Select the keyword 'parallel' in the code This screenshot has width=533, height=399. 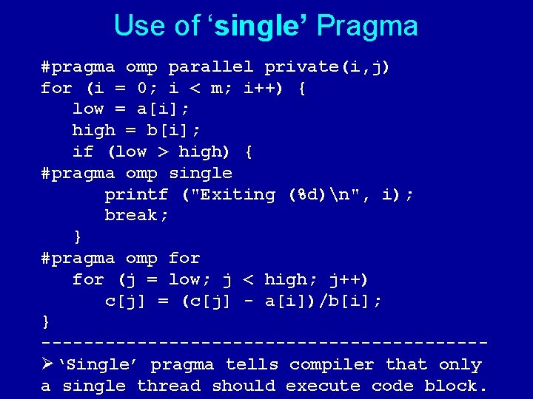click(x=211, y=67)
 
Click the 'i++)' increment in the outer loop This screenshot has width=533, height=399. click(x=264, y=89)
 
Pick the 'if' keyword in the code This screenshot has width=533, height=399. click(x=82, y=152)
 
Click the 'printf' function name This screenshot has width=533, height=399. click(x=136, y=194)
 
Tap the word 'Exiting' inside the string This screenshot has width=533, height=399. click(x=238, y=194)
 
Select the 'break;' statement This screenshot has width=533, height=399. click(x=136, y=216)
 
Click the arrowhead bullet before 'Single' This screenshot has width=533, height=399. click(x=49, y=364)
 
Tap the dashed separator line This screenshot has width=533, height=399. click(x=264, y=344)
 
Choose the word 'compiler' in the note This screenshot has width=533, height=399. click(x=332, y=365)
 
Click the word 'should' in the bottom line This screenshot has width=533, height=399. click(x=243, y=386)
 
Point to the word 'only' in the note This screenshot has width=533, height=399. click(x=460, y=365)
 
